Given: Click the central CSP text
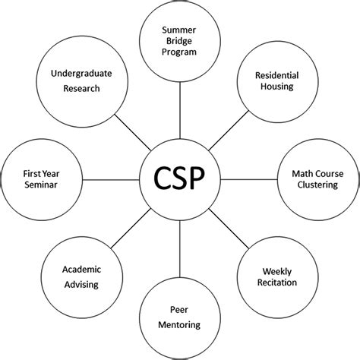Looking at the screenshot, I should coord(180,181).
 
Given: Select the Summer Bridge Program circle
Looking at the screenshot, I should coord(179,41).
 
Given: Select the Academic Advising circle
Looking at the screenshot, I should coord(82,278).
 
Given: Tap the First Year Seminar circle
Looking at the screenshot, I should coord(42,180).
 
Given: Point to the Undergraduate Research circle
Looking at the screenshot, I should coord(80,81).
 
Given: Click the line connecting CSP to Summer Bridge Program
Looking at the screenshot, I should coord(180,112).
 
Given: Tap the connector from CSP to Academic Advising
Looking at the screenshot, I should coord(131,229).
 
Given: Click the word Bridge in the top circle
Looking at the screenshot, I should coord(180,41).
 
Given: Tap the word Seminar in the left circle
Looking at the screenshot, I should coord(41,186).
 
